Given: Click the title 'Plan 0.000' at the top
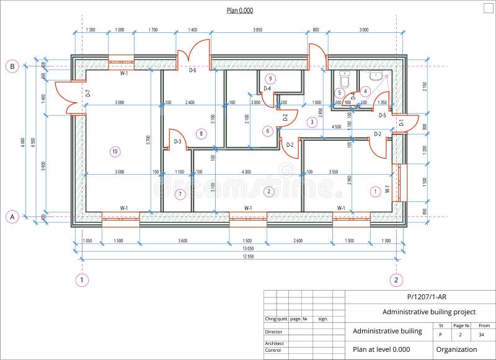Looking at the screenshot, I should point(239,11).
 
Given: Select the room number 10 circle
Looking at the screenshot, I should point(114,151).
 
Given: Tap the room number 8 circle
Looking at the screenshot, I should point(200,133).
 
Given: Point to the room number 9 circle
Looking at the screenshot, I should point(270,78).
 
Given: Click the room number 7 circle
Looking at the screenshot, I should point(180,194).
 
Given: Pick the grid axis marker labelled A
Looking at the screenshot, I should point(11,216).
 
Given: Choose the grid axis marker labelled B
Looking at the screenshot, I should point(11,66).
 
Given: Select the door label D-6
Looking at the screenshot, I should point(192,71).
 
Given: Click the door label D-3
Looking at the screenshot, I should point(177,142).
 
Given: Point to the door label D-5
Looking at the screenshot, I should point(382,115).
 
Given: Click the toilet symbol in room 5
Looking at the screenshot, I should point(345,79).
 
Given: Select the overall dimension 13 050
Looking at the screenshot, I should point(239,249).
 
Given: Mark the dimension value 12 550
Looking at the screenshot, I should point(239,257).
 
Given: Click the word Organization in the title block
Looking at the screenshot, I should point(456,349).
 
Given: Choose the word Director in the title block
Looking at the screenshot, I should point(273,332).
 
